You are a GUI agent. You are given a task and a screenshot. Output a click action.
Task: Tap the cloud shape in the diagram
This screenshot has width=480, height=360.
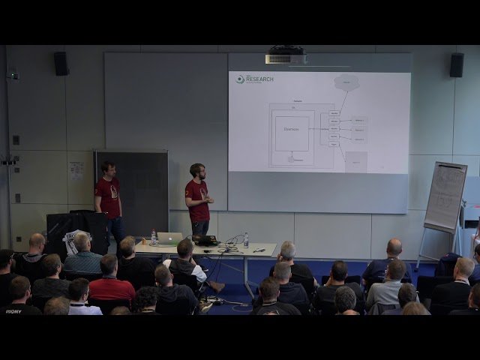[346, 82]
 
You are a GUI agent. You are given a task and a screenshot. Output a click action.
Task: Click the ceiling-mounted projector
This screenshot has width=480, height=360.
[286, 57]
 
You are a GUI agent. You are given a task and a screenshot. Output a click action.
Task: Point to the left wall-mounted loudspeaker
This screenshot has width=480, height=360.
[61, 63]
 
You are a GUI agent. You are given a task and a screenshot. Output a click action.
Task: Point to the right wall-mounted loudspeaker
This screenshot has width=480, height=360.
[456, 64]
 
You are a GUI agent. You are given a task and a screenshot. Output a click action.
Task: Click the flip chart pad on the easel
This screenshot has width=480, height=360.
[445, 196]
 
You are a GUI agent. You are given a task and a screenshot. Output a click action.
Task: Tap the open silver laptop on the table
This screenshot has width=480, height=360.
[171, 238]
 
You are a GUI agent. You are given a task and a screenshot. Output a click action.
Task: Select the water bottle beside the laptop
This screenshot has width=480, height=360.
[154, 238]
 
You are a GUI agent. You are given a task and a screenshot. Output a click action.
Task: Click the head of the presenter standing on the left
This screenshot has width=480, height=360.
[108, 169]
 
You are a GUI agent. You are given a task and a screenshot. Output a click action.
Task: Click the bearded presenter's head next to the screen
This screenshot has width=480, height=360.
[197, 171]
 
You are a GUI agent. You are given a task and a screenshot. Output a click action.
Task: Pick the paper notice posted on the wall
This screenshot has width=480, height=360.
[76, 170]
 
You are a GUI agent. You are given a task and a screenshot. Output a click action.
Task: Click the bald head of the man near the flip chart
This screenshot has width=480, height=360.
[394, 247]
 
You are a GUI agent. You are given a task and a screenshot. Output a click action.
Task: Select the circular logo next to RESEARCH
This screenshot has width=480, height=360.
[240, 79]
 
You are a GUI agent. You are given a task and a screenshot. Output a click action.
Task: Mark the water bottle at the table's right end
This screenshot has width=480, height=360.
[246, 240]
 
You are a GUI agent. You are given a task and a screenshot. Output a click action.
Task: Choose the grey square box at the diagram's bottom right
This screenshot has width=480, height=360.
[355, 161]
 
